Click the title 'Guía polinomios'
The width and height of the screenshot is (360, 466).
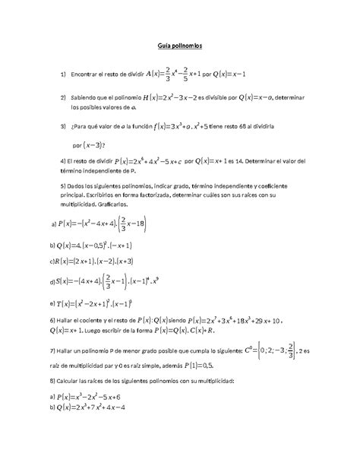[180, 47]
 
